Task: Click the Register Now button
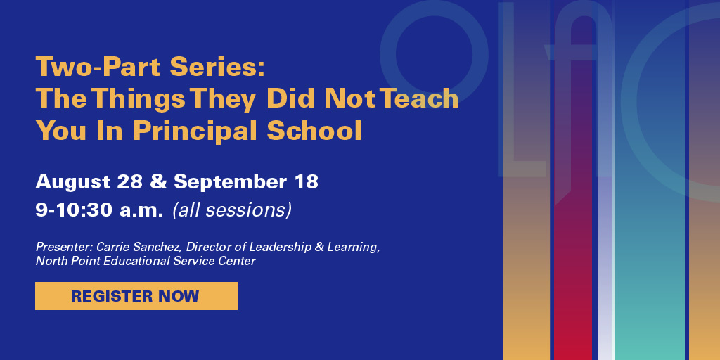point(136,296)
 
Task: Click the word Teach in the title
point(419,99)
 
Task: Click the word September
point(228,182)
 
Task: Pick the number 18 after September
point(306,181)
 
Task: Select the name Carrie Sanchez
point(127,247)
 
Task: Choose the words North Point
point(65,261)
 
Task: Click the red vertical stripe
point(572,281)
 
